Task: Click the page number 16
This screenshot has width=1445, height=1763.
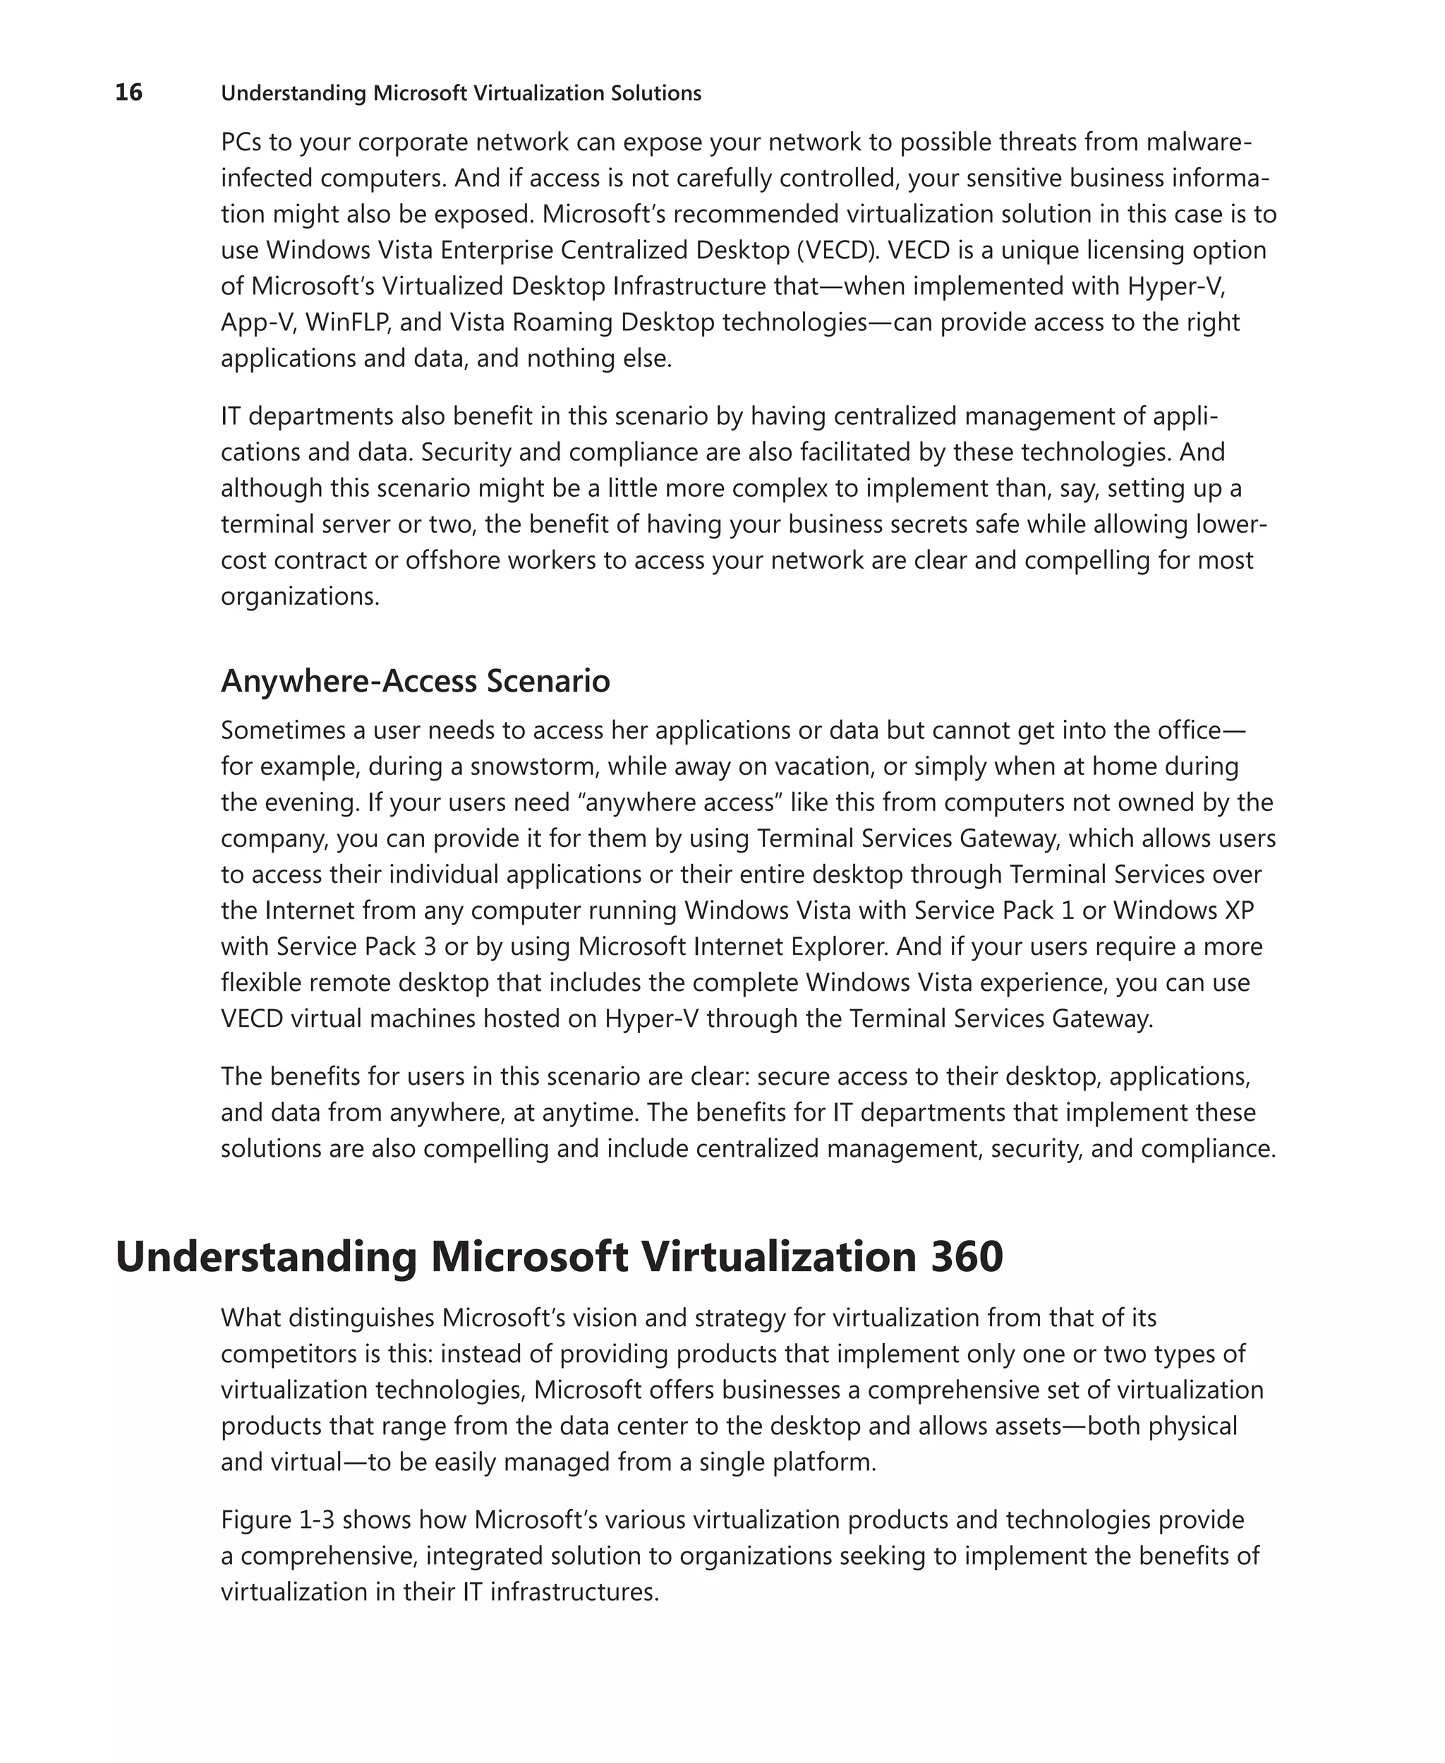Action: (x=128, y=92)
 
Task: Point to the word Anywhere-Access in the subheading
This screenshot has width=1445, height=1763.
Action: (x=348, y=681)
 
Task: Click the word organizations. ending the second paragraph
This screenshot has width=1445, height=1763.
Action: (x=300, y=596)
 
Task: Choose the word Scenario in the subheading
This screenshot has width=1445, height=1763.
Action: (x=548, y=681)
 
